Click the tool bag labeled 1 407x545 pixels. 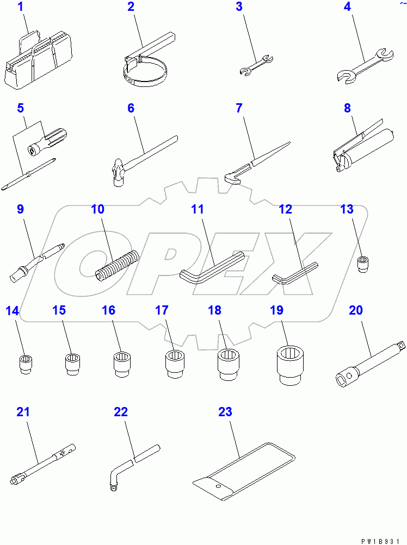[38, 59]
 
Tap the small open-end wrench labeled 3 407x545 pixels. [256, 65]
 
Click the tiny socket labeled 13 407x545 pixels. [363, 264]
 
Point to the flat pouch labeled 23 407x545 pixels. [244, 472]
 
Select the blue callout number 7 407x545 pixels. [239, 108]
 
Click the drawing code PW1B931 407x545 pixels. [380, 541]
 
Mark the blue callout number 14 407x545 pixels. [13, 310]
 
